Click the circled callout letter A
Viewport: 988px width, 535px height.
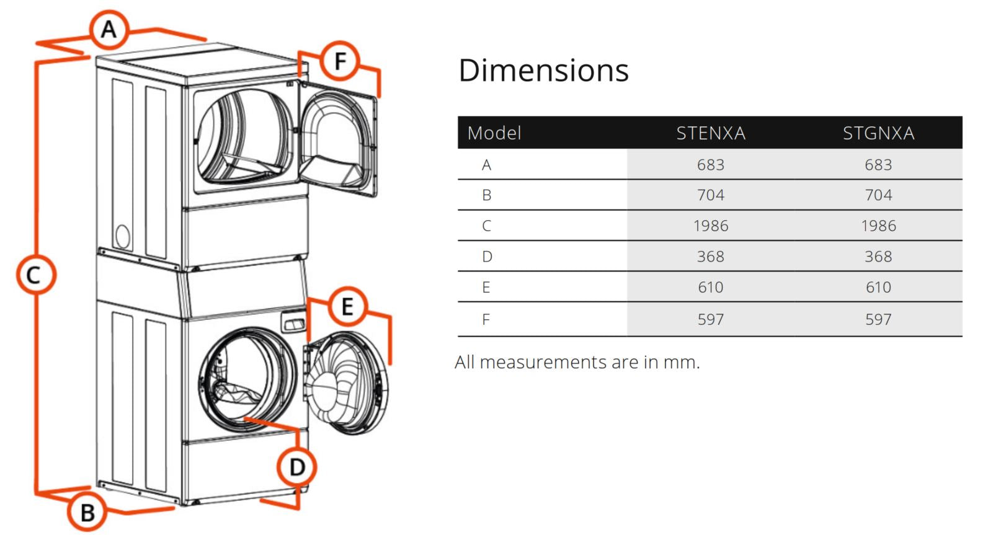(109, 29)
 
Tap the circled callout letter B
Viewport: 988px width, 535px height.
(87, 512)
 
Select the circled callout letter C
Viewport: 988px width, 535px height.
(36, 275)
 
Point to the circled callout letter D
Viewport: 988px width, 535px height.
(296, 467)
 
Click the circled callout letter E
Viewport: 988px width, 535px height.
(347, 306)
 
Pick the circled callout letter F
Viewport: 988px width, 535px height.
(340, 61)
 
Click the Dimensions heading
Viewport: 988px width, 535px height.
(543, 70)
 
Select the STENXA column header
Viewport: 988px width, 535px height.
(711, 133)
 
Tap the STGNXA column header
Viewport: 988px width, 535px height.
(878, 133)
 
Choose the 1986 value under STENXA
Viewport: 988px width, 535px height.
(711, 226)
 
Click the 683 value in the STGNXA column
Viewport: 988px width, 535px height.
(878, 165)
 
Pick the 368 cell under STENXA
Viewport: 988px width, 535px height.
(711, 257)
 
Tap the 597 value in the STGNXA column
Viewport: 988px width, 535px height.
(878, 320)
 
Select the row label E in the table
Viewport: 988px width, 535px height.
(486, 288)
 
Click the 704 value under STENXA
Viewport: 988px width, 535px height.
(711, 195)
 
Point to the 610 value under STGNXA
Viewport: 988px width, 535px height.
(878, 288)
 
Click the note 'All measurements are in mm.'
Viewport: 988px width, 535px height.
(577, 362)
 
